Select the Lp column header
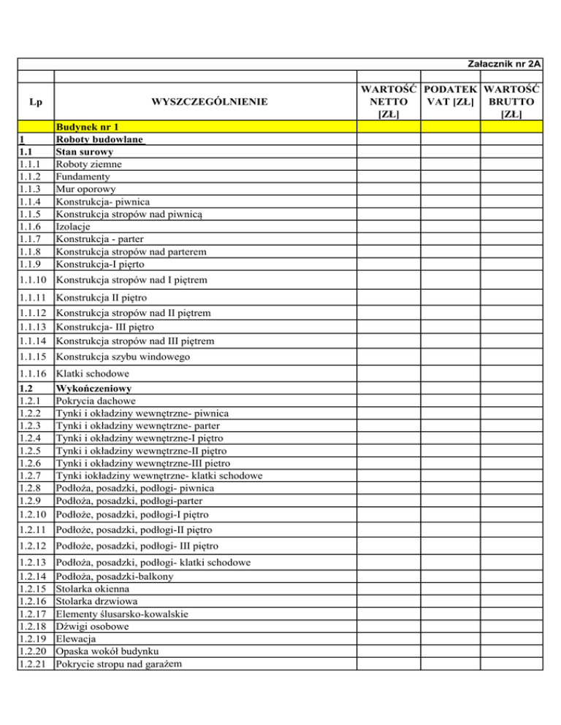pos(34,103)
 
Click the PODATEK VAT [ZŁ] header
pos(451,103)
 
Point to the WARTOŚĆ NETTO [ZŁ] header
pos(387,103)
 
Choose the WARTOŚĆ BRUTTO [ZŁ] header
pos(510,103)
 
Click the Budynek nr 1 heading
pos(88,126)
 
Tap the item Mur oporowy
pos(86,189)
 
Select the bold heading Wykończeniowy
pos(98,389)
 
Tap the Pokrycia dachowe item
pos(98,401)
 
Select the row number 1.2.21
pos(34,664)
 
